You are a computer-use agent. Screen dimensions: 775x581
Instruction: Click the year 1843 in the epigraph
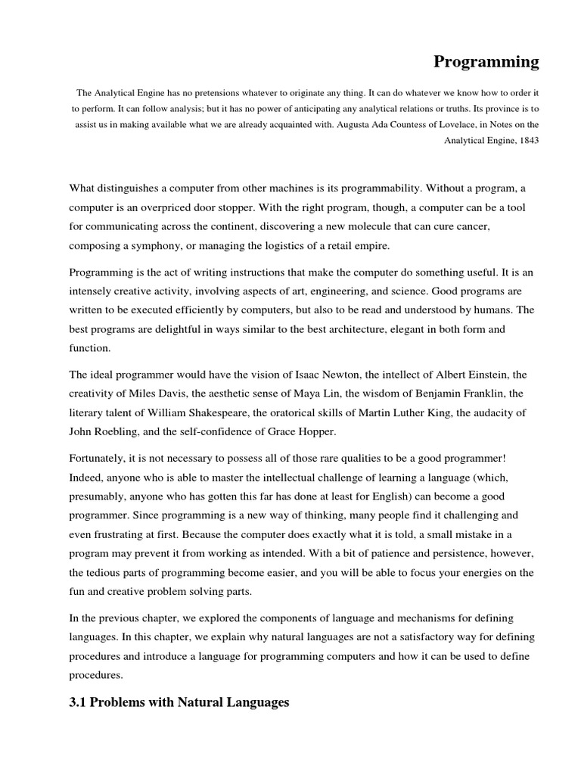coord(527,141)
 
